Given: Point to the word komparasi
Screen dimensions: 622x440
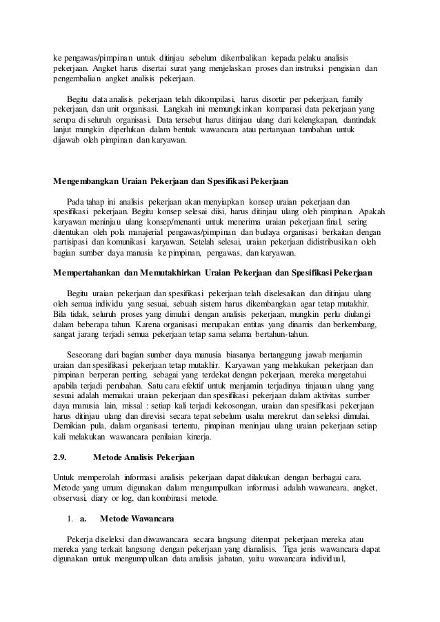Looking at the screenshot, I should click(257, 110).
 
